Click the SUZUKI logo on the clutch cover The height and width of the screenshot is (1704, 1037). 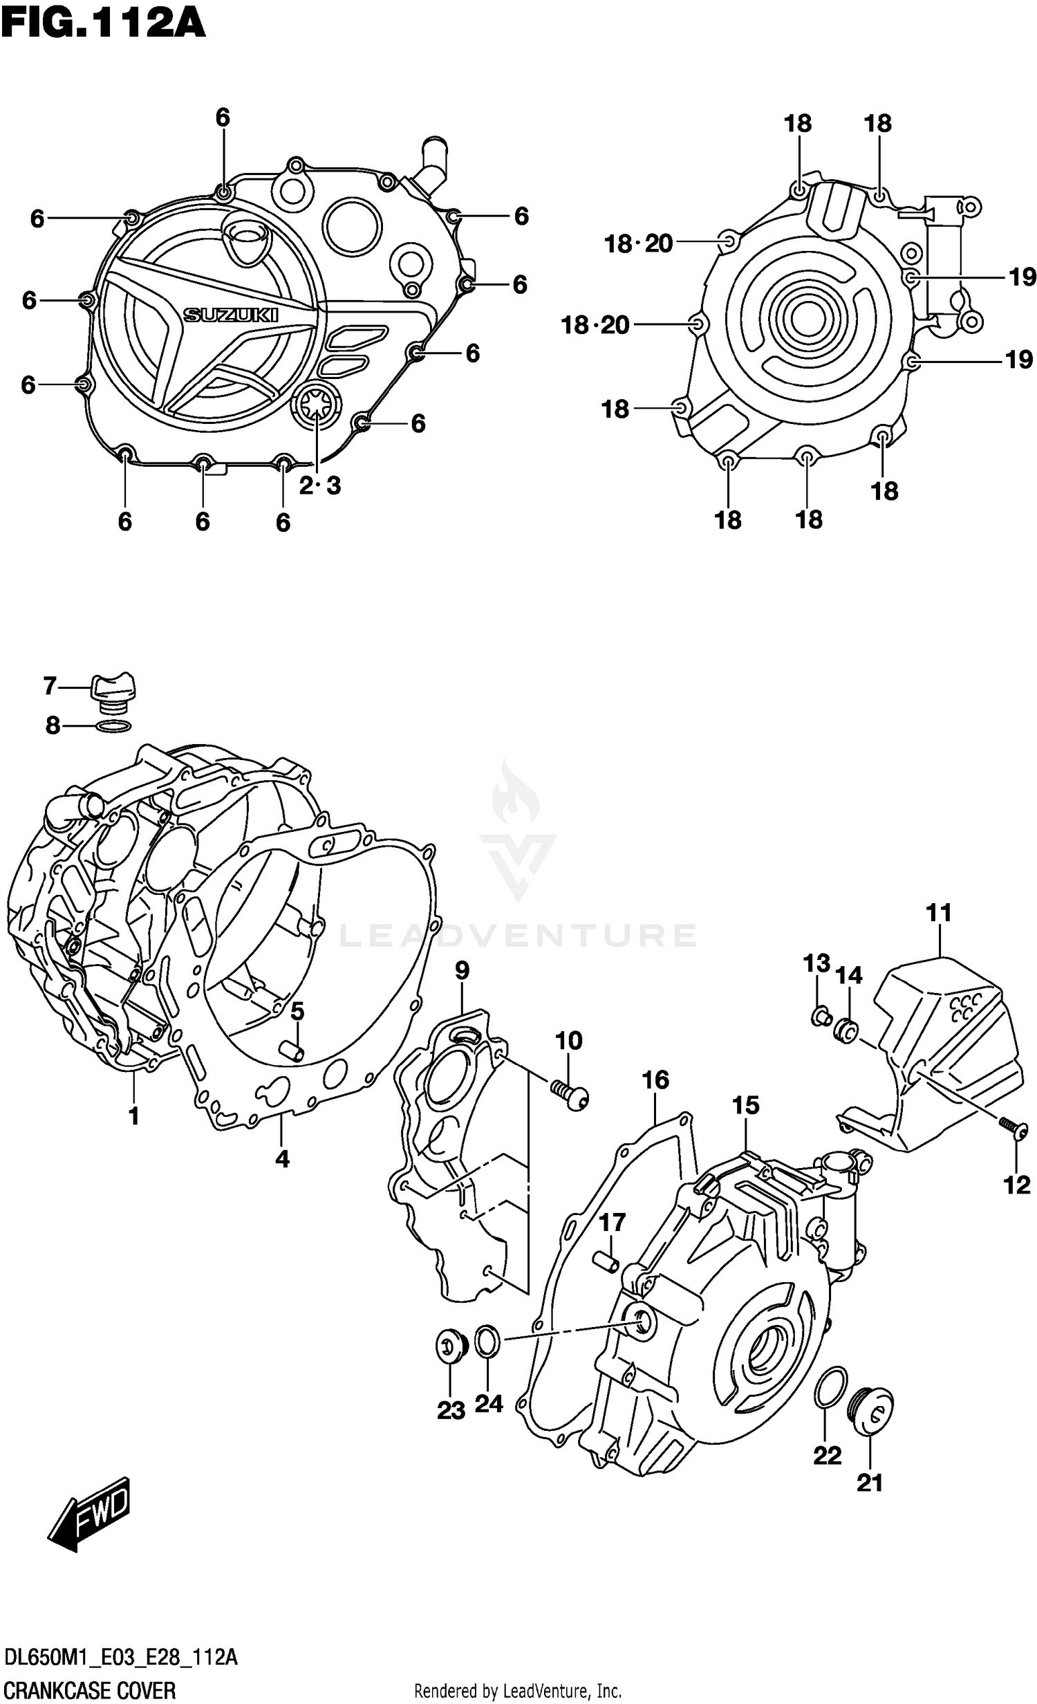coord(230,315)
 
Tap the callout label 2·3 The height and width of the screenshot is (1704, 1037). coord(320,486)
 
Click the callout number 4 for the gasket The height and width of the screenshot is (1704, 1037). coord(282,1159)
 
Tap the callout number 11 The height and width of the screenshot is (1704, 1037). coord(939,913)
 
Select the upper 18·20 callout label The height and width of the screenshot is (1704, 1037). coord(638,243)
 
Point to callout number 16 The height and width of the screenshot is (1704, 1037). coord(655,1080)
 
